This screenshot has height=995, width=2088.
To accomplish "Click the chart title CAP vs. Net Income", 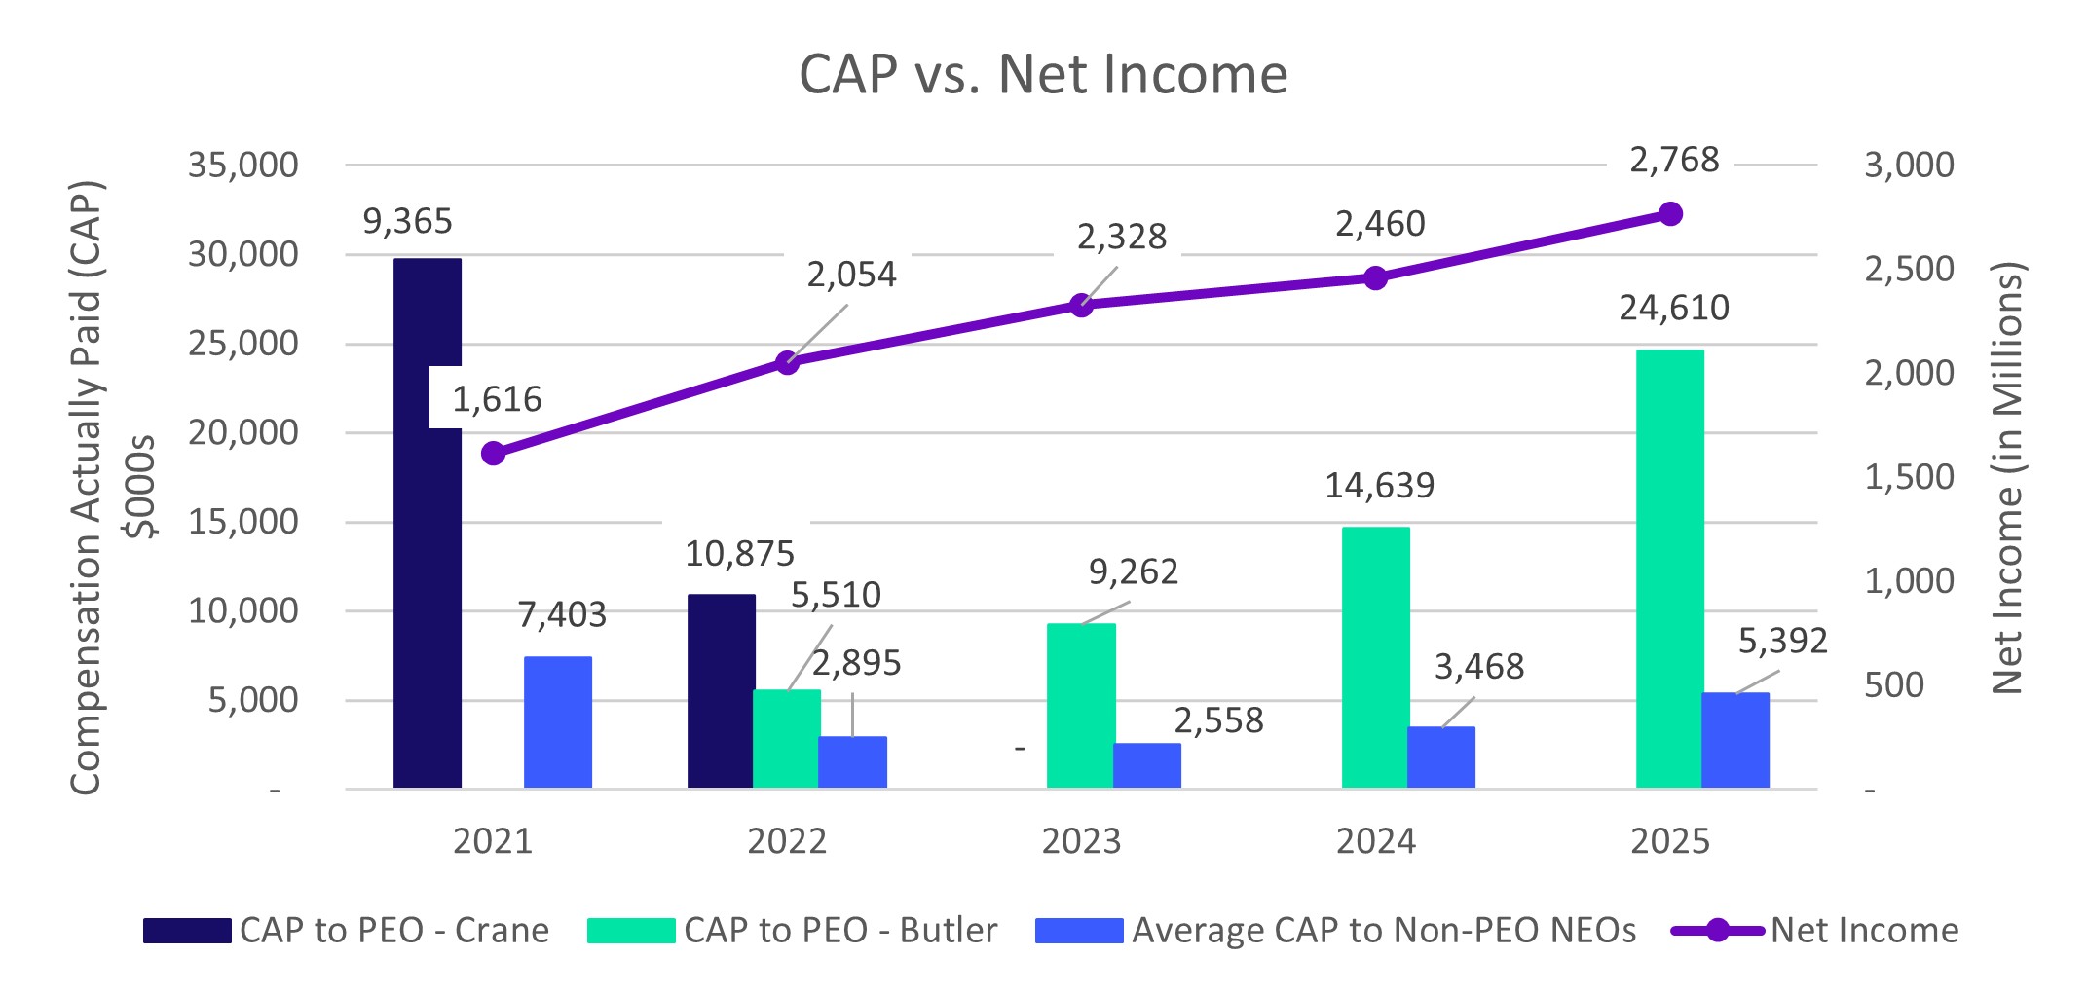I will [1043, 74].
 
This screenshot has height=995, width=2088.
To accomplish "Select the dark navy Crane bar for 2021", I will [427, 584].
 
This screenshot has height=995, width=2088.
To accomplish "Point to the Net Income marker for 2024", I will [1375, 278].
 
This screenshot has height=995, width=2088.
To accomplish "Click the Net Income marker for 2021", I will [494, 454].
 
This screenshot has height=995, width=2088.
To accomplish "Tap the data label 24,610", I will [1673, 309].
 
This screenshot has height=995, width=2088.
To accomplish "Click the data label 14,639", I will [1379, 486].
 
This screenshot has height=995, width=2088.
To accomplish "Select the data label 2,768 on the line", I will [1674, 160].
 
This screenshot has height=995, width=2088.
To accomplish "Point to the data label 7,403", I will [561, 615].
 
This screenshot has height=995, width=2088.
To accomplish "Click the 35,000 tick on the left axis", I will [243, 166].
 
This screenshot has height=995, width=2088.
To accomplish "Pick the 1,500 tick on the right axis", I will [1908, 477].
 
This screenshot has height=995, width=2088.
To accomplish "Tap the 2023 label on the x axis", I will [1081, 841].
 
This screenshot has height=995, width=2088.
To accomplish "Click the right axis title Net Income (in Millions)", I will [2008, 477].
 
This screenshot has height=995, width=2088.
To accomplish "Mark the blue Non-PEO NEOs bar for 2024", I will [1440, 756].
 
